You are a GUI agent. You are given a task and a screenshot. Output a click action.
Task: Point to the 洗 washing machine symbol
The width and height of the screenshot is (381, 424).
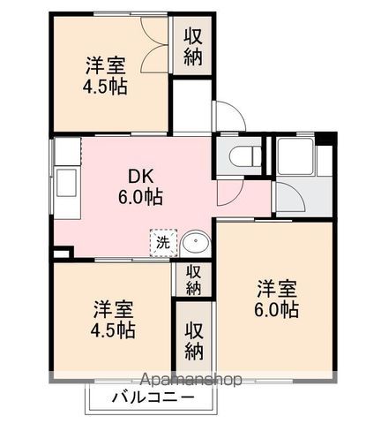pyautogui.click(x=162, y=241)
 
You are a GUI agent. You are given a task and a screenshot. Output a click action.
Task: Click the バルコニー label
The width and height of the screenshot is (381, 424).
pyautogui.click(x=153, y=397)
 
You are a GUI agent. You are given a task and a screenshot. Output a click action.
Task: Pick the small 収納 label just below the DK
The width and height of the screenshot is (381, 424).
pyautogui.click(x=194, y=279)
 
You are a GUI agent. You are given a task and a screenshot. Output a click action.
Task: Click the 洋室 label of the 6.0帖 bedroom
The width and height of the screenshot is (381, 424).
pyautogui.click(x=277, y=288)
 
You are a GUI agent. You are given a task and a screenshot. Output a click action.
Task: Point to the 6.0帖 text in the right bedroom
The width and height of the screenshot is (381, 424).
pyautogui.click(x=277, y=310)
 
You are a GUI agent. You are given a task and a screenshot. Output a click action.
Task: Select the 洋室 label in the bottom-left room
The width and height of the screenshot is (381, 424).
pyautogui.click(x=114, y=309)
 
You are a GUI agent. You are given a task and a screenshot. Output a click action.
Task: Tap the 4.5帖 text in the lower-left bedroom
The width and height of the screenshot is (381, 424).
pyautogui.click(x=114, y=331)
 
